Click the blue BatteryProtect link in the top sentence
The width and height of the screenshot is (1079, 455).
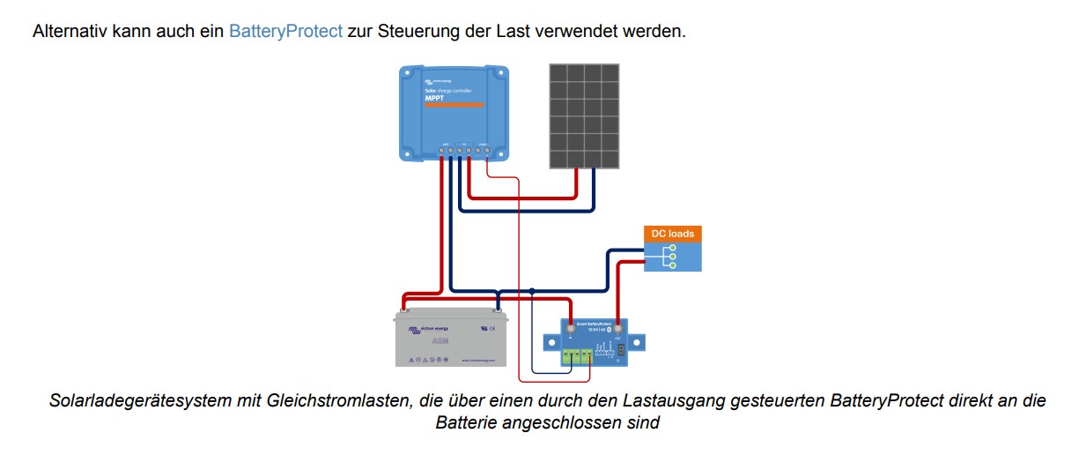click(x=285, y=31)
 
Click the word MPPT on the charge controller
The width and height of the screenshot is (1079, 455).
click(x=434, y=98)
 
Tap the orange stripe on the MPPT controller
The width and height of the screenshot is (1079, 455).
click(x=455, y=106)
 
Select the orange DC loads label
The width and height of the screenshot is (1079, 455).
click(x=672, y=234)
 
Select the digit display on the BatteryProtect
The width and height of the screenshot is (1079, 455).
click(x=624, y=350)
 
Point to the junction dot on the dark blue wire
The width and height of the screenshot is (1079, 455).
click(x=532, y=290)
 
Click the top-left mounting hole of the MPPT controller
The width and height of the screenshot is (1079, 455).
click(x=406, y=73)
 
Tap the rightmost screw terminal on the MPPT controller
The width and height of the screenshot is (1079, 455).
click(x=487, y=152)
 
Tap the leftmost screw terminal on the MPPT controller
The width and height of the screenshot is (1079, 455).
click(x=441, y=152)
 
